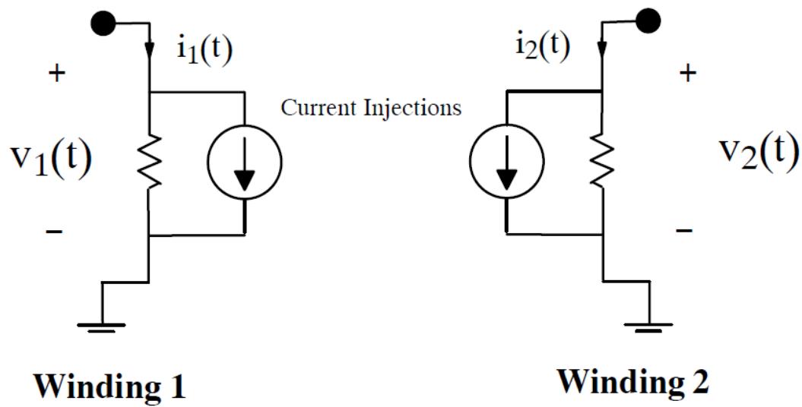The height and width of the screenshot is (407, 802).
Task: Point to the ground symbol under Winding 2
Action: (648, 326)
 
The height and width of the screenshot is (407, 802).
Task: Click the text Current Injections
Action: (371, 108)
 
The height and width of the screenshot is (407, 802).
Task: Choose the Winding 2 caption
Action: (633, 380)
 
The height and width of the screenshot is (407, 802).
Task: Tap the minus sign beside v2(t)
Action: (685, 229)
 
